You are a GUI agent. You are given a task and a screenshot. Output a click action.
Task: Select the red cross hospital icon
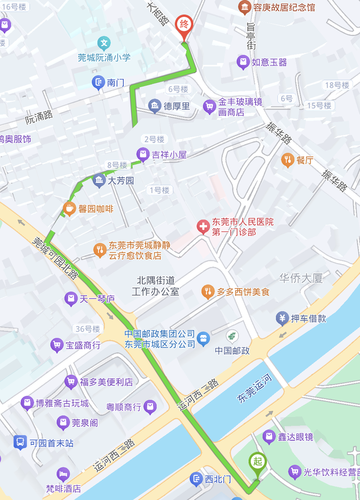pyautogui.click(x=202, y=227)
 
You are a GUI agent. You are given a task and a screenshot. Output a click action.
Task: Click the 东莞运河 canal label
pyautogui.click(x=254, y=389)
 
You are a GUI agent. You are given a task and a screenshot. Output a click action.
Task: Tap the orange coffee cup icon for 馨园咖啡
pyautogui.click(x=69, y=209)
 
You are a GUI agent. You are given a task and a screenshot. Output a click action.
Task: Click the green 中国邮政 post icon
pyautogui.click(x=231, y=337)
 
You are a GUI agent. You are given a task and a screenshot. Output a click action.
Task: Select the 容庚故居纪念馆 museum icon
pyautogui.click(x=245, y=7)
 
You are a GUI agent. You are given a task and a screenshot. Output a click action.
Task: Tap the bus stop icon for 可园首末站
pyautogui.click(x=20, y=443)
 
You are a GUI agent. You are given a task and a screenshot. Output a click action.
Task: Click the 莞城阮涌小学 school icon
pyautogui.click(x=103, y=43)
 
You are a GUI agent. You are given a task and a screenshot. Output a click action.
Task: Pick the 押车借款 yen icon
pyautogui.click(x=282, y=318)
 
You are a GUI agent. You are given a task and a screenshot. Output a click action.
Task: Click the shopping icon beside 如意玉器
pyautogui.click(x=242, y=62)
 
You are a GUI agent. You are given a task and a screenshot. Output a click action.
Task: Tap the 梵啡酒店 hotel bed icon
pyautogui.click(x=63, y=474)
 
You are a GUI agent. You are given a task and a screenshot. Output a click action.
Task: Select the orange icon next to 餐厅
pyautogui.click(x=287, y=160)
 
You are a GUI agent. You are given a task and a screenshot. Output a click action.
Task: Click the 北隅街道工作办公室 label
pyautogui.click(x=155, y=285)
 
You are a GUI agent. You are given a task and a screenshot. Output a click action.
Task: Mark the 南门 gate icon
pyautogui.click(x=99, y=83)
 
